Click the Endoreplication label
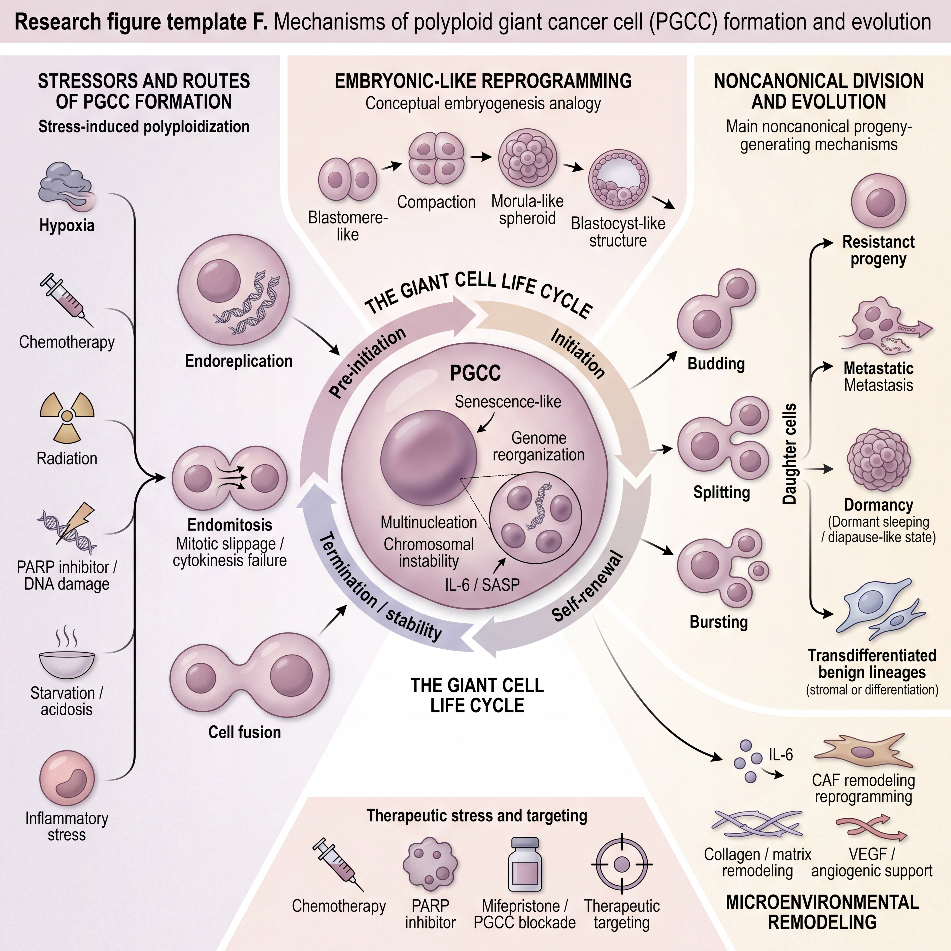coord(239,361)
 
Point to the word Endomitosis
coord(230,525)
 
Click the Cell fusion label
coord(245,732)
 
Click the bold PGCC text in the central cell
coord(475,373)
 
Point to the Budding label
coord(716,364)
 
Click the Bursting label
coord(719,622)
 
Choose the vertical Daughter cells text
coord(790,454)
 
